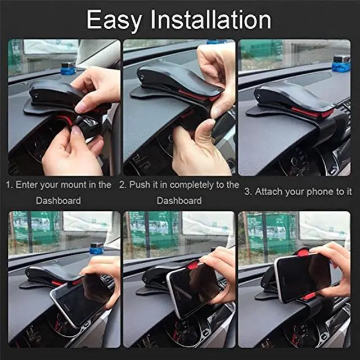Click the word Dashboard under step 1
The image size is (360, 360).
tap(58, 200)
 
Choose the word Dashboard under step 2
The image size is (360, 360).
tap(179, 200)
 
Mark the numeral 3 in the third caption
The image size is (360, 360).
tap(247, 191)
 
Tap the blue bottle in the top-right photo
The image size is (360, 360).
tap(341, 63)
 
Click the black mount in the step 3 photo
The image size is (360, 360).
tap(287, 100)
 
